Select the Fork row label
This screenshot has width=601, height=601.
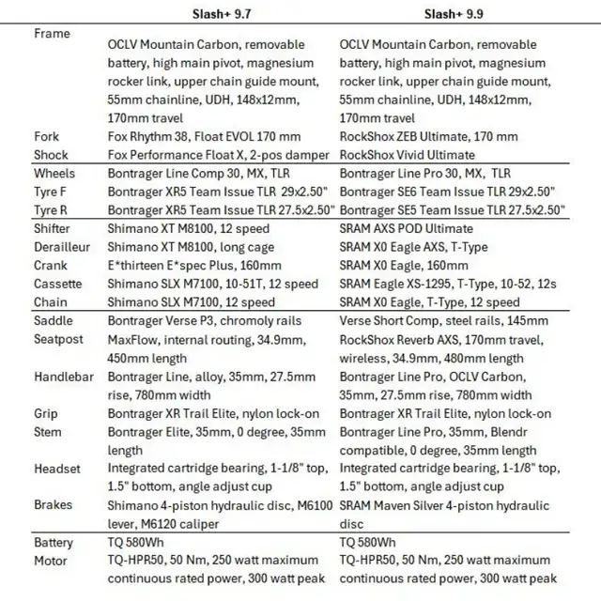pyautogui.click(x=46, y=136)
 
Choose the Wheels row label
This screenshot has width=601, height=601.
pyautogui.click(x=54, y=173)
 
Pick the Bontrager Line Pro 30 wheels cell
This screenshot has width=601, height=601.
pyautogui.click(x=424, y=173)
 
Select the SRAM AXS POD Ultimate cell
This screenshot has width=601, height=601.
pyautogui.click(x=406, y=228)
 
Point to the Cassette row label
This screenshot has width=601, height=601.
pyautogui.click(x=57, y=284)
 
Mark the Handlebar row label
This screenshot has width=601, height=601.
pyautogui.click(x=62, y=377)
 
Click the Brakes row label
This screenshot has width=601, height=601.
pyautogui.click(x=53, y=505)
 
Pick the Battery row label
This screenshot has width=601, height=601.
pyautogui.click(x=54, y=543)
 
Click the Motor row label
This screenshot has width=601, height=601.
pyautogui.click(x=50, y=561)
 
